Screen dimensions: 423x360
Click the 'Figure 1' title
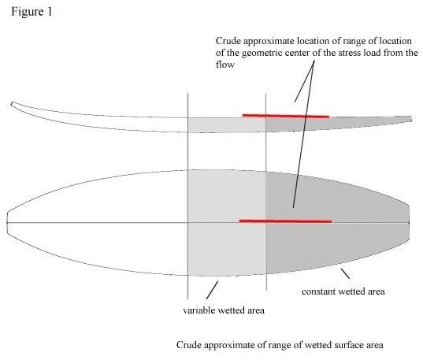click(x=32, y=12)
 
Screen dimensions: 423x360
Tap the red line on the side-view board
click(x=286, y=116)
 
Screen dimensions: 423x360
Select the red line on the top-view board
click(x=285, y=221)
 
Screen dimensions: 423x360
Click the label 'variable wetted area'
click(x=224, y=310)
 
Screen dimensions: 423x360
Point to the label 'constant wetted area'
click(x=343, y=291)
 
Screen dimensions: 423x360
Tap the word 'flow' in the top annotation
click(x=224, y=65)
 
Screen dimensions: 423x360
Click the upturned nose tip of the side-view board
click(x=12, y=104)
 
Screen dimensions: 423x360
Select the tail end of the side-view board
click(x=411, y=119)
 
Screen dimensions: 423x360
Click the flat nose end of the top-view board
click(x=7, y=223)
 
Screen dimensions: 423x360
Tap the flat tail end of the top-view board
click(x=410, y=222)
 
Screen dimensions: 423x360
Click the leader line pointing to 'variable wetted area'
click(x=212, y=290)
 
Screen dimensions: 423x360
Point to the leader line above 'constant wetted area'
click(x=345, y=273)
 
